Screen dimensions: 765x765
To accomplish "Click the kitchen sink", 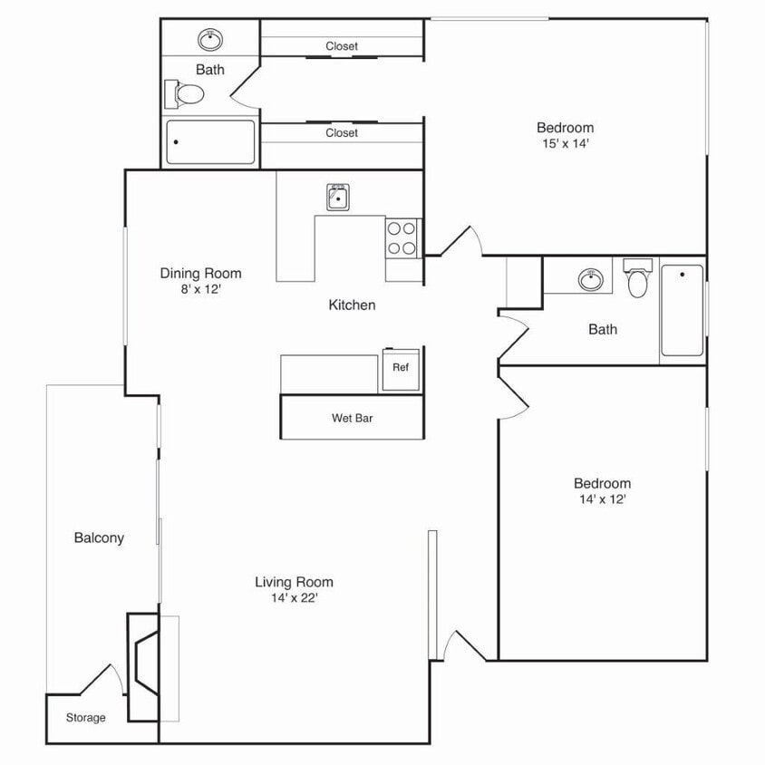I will click(339, 197).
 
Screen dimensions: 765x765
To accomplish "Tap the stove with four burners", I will click(402, 237).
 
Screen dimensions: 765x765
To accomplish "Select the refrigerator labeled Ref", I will click(400, 368).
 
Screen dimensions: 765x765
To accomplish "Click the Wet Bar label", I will click(353, 419).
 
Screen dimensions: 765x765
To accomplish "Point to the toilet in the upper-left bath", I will click(185, 92).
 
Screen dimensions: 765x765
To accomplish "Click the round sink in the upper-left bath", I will click(210, 39).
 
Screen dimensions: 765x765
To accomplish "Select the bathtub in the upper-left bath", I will click(210, 142).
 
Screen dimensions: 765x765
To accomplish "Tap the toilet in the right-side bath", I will click(638, 280).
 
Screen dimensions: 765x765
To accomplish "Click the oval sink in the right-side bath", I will click(591, 278).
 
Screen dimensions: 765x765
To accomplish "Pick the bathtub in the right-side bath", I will click(683, 310).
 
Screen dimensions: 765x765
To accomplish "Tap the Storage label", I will click(85, 718).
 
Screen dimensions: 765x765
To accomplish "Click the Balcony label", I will click(99, 537).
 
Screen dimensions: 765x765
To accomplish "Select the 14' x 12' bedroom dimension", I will click(602, 499).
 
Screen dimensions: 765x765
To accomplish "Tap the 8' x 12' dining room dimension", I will click(200, 289).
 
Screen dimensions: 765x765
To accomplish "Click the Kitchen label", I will click(352, 305).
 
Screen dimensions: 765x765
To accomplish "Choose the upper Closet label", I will click(342, 46).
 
